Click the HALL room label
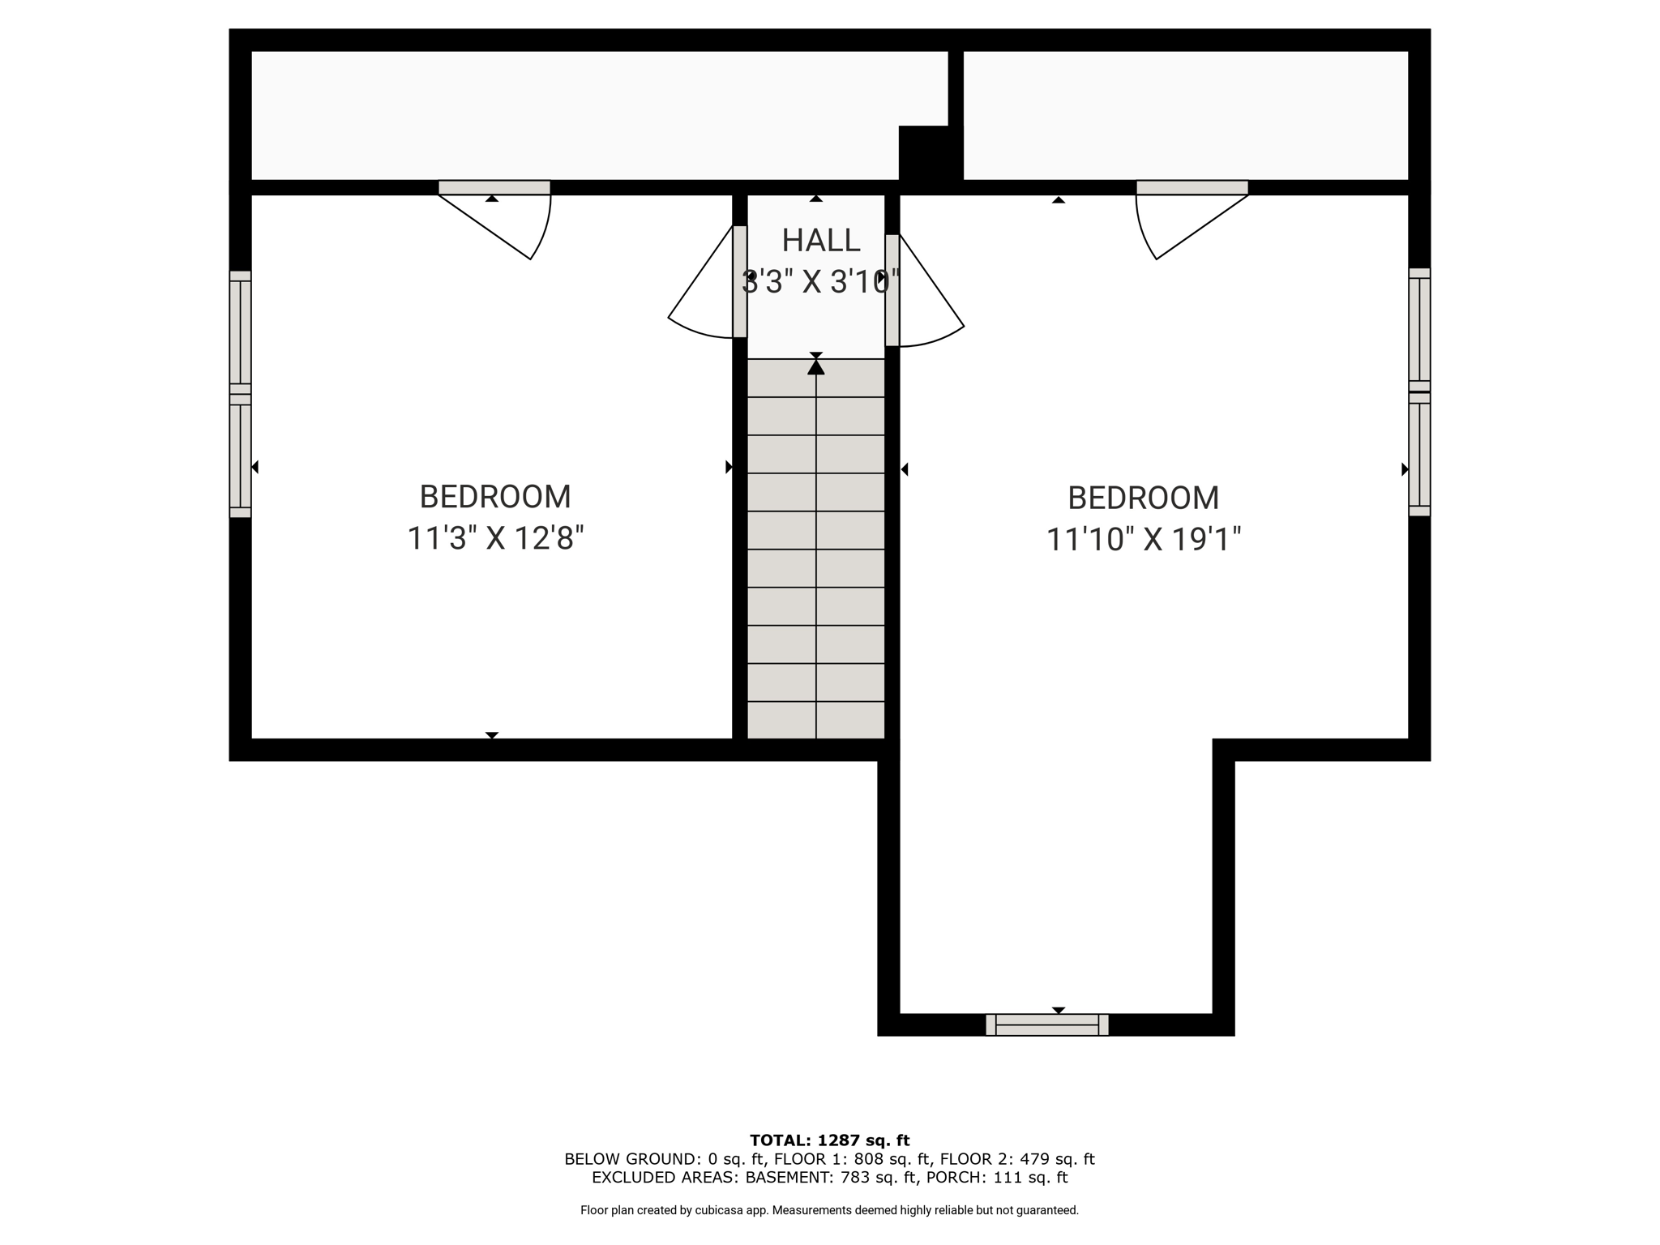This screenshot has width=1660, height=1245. click(820, 240)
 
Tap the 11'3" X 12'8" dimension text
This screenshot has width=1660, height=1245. click(495, 538)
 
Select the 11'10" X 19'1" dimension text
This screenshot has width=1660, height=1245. click(1144, 540)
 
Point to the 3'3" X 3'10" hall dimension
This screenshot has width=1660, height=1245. click(820, 282)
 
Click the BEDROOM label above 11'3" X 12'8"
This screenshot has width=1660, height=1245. click(495, 496)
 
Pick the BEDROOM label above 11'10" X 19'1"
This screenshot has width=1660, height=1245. click(1144, 498)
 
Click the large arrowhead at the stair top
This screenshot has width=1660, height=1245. click(816, 367)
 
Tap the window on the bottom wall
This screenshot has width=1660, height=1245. click(1047, 1025)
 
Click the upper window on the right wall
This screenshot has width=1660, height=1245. click(1419, 329)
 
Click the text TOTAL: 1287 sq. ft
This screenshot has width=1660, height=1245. click(830, 1141)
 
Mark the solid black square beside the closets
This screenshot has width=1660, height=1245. click(931, 153)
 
